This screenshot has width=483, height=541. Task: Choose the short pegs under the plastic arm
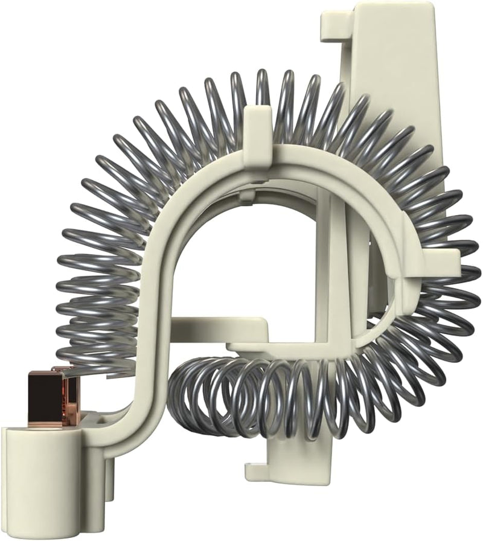pos(112,483)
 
